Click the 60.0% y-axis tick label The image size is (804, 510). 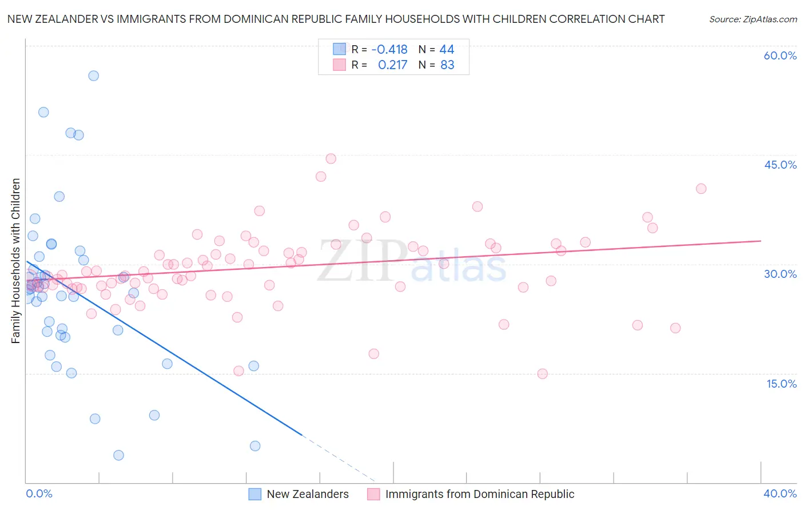(780, 55)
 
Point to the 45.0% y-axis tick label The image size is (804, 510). (780, 165)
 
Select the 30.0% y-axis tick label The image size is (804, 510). (780, 274)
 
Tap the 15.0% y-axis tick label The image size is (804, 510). (781, 384)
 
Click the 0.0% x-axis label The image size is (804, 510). (39, 493)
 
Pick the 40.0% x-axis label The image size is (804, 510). (780, 493)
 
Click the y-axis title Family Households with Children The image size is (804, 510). (15, 261)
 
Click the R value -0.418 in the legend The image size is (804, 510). (389, 50)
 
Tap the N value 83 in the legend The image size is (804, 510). (447, 65)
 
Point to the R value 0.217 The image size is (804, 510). (392, 65)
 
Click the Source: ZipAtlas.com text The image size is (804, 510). (753, 19)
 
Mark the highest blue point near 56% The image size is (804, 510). (94, 75)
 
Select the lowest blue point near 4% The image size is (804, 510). (118, 455)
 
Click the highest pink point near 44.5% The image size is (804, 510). (331, 158)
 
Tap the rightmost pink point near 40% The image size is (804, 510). (701, 189)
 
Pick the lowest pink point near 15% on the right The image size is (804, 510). (543, 374)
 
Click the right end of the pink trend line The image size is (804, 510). (761, 241)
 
